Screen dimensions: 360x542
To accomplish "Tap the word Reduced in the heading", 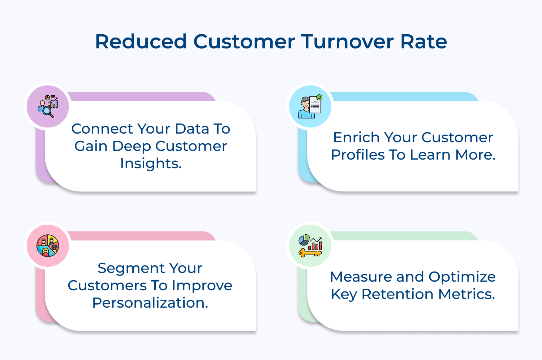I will (141, 42).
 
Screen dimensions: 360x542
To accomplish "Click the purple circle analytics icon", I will (48, 107).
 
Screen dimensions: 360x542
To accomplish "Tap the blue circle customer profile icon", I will (310, 107).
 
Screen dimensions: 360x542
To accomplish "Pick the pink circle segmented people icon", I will (48, 246).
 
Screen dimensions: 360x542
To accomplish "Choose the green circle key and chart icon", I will (310, 246).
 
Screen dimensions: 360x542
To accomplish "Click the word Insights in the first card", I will (151, 164).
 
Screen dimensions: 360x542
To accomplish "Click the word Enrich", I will (356, 138).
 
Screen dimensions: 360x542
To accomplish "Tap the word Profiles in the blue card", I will (357, 155).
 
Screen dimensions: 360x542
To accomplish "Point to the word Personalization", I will (150, 303).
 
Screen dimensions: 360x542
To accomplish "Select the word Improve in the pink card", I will (202, 286).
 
